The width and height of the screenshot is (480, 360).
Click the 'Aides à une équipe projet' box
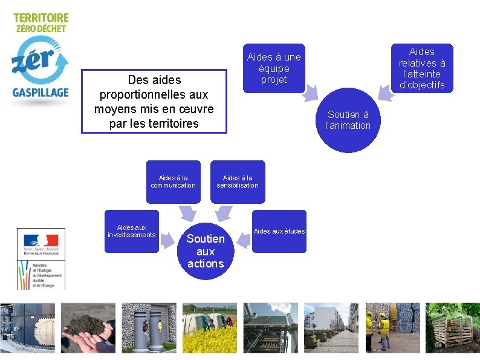274,68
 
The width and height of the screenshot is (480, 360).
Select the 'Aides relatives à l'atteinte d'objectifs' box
422,68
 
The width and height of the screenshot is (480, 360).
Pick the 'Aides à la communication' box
173,182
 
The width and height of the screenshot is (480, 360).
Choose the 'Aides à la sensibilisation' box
238,182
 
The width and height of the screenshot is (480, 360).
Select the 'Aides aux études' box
279,231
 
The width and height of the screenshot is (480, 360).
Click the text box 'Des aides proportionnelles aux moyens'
154,102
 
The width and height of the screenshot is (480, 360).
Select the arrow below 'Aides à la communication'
187,212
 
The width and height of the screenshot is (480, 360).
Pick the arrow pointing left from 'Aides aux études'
243,240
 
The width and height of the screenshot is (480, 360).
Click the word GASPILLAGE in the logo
41,93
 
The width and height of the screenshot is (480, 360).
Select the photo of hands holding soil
88,327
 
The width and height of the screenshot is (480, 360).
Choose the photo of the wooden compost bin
452,327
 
